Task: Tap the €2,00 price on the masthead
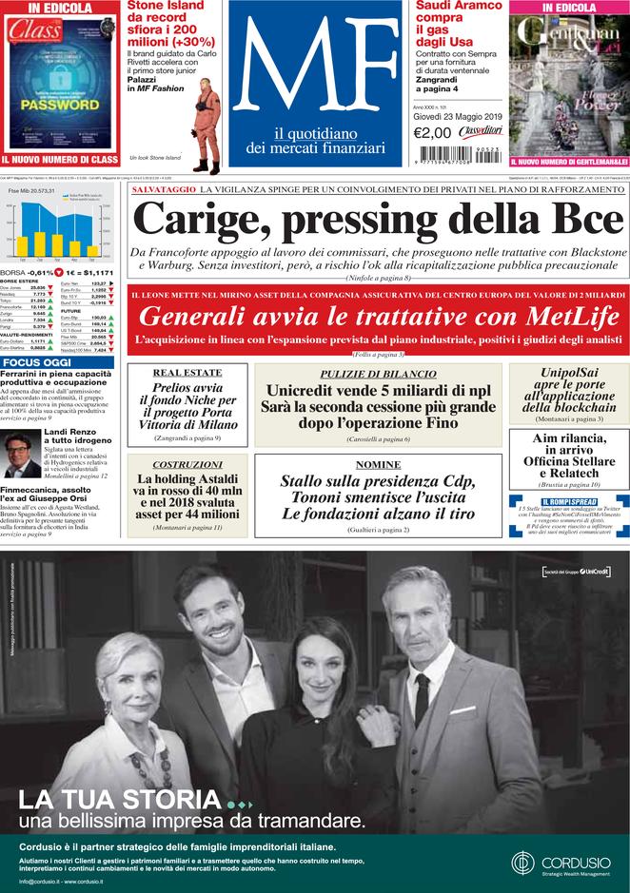click(x=432, y=133)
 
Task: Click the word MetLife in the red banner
click(x=568, y=317)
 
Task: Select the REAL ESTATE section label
click(x=187, y=373)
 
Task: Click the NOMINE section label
click(x=378, y=464)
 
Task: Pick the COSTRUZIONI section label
click(x=187, y=464)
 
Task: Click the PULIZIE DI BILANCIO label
click(x=378, y=375)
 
